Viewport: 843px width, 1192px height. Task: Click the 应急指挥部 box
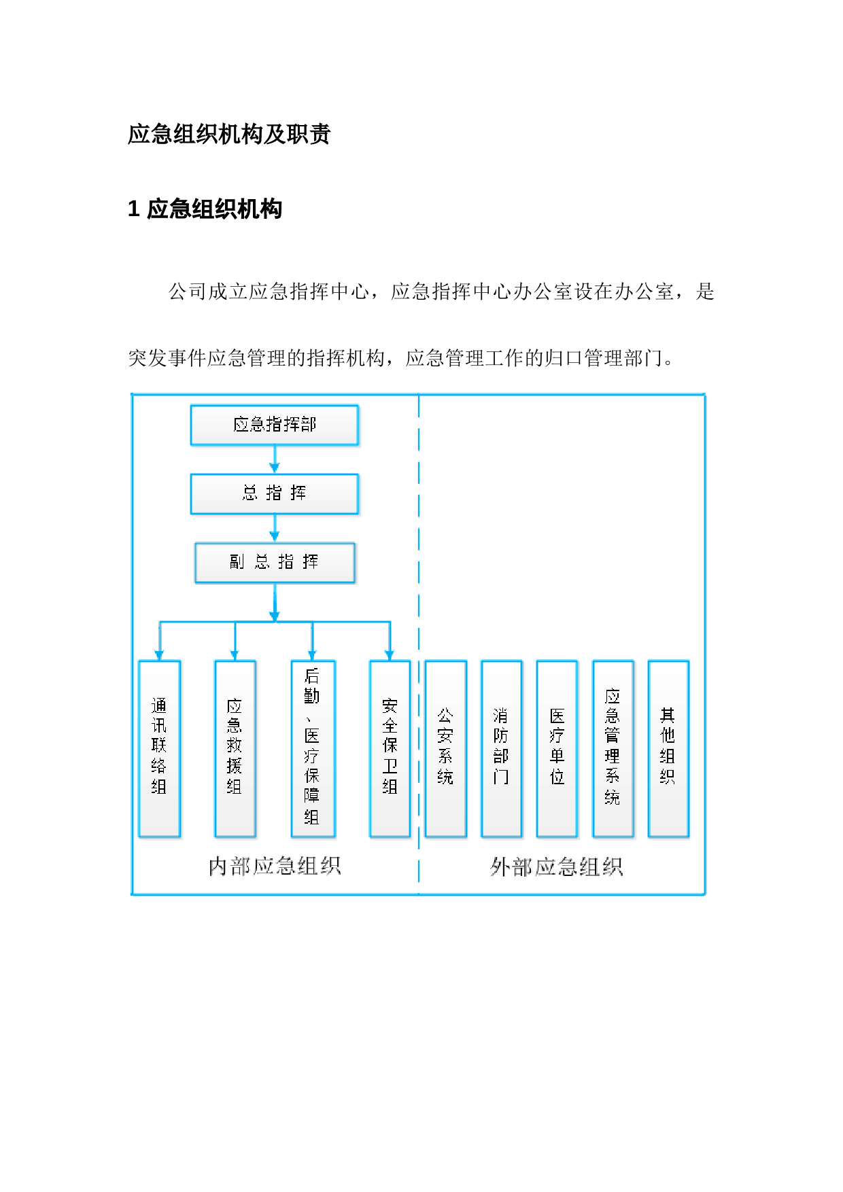tap(275, 425)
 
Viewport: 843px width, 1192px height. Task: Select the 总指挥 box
tap(275, 494)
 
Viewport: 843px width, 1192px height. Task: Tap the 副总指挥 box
tap(275, 563)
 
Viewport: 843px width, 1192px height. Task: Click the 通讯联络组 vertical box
tap(160, 749)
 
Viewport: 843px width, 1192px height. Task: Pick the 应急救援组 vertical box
tap(235, 749)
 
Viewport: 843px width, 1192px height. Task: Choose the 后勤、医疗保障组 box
tap(313, 749)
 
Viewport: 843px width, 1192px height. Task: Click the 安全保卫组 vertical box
tap(390, 749)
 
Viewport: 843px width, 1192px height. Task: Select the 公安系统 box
tap(446, 749)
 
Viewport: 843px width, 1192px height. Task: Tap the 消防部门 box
tap(502, 749)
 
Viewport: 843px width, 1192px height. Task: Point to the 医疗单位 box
tap(557, 749)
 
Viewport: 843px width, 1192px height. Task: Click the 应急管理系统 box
tap(613, 749)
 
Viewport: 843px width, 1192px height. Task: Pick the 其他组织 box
tap(669, 749)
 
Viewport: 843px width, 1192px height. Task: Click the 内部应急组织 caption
tap(275, 866)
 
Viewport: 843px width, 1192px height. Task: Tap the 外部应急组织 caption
tap(557, 867)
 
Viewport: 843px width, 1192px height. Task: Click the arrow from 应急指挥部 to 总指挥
tap(275, 459)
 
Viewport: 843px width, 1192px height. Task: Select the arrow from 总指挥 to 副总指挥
tap(275, 528)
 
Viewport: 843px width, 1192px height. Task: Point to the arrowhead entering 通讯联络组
tap(160, 655)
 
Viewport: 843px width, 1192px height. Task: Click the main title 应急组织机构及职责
tap(229, 134)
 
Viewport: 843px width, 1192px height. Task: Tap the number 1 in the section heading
tap(134, 209)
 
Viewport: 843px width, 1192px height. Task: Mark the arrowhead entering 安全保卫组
tap(390, 655)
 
